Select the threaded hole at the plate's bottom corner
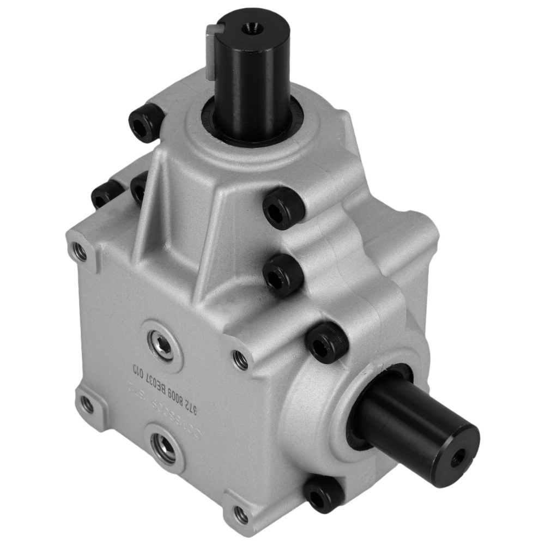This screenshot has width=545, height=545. pos(239,514)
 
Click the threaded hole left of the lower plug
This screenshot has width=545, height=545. pos(87,404)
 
